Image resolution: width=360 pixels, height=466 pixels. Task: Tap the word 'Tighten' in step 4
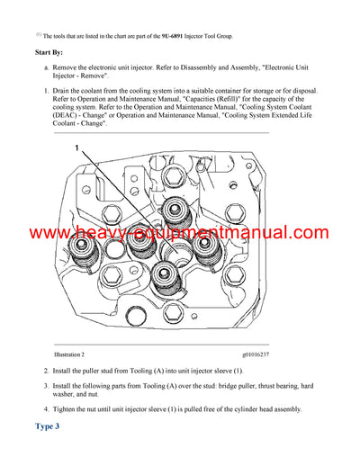pyautogui.click(x=71, y=409)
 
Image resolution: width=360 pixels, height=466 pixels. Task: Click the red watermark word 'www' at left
pyautogui.click(x=52, y=234)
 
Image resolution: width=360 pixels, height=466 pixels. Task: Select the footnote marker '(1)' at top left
pyautogui.click(x=38, y=33)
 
